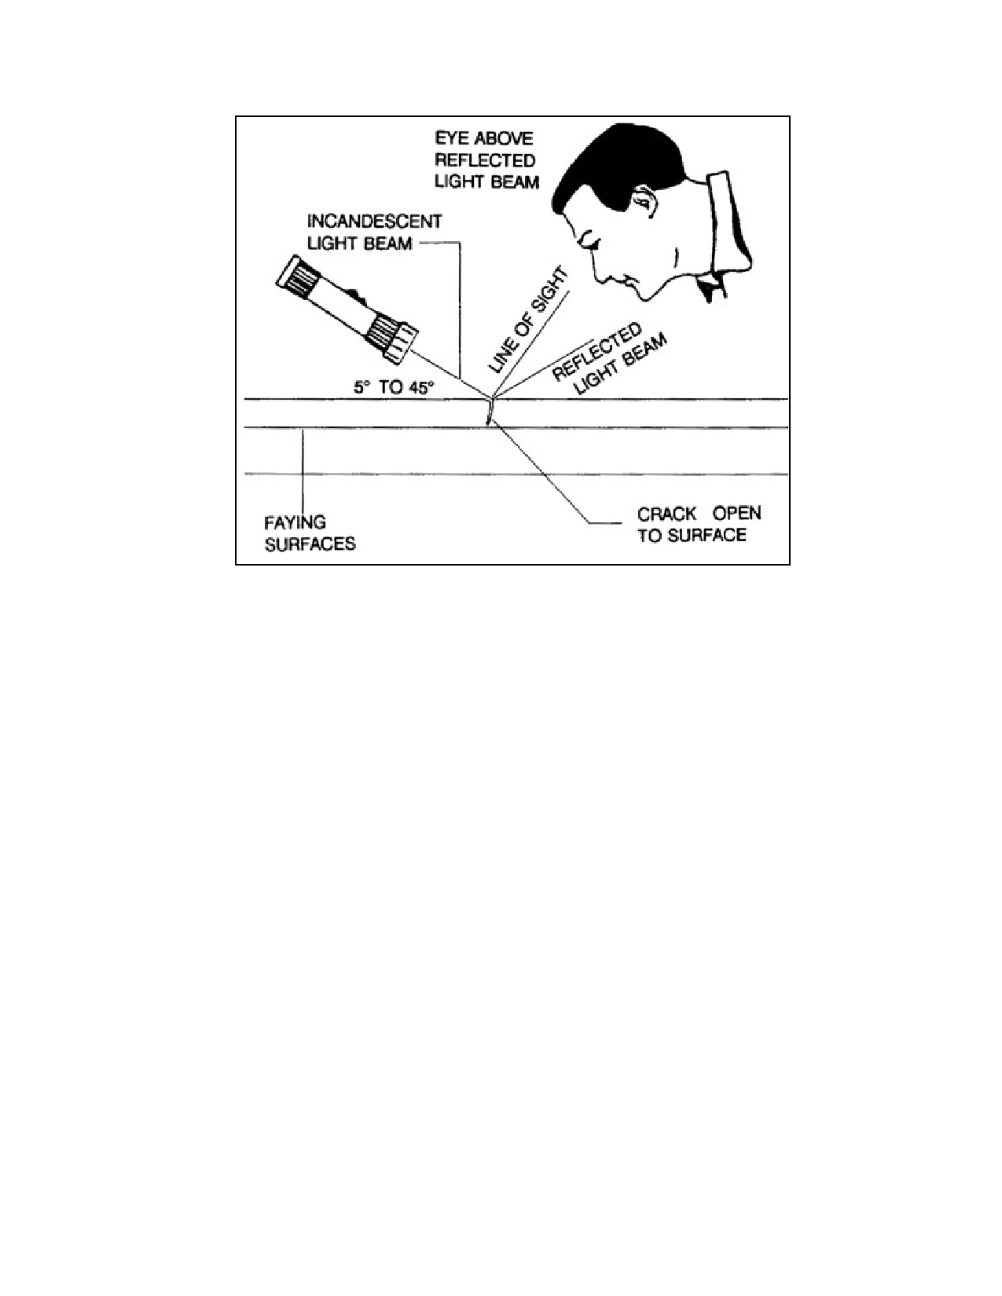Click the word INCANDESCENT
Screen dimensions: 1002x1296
(x=374, y=221)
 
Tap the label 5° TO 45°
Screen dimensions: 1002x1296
(x=394, y=387)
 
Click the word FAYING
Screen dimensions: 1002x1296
(x=295, y=522)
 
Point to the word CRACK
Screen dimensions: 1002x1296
(x=666, y=514)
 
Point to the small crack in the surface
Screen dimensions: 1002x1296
(x=490, y=412)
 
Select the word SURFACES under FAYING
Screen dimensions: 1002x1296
(x=310, y=544)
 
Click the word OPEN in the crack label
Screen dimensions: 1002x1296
(x=736, y=514)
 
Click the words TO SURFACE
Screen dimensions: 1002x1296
(x=692, y=536)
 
